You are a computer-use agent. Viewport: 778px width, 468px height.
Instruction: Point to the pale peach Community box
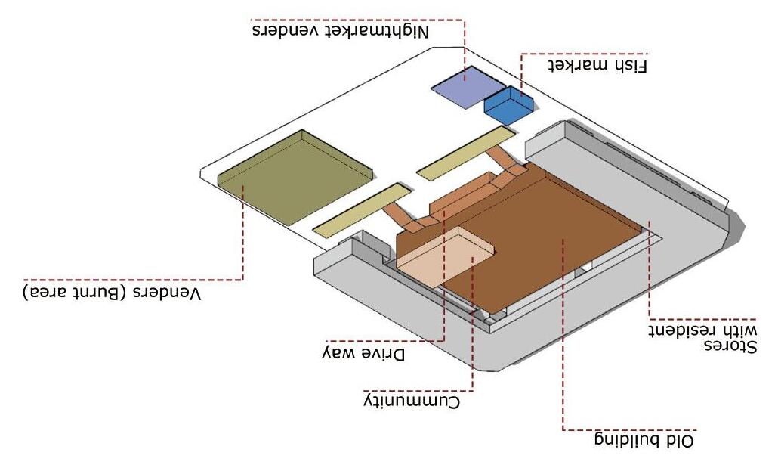446,257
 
